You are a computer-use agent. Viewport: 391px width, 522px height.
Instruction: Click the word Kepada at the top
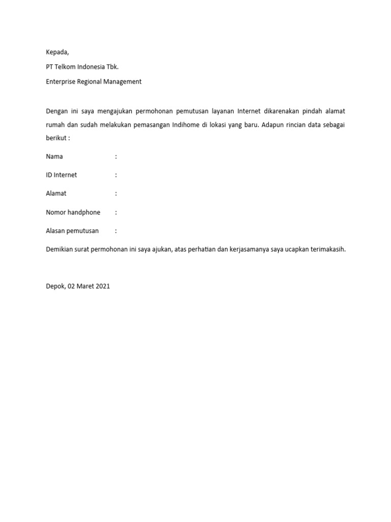57,52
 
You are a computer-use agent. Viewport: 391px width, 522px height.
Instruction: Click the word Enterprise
61,82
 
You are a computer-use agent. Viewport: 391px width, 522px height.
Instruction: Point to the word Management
124,82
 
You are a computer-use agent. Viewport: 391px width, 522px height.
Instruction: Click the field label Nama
54,156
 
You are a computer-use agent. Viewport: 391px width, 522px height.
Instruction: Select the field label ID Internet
61,175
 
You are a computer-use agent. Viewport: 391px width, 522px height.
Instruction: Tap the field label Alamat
56,194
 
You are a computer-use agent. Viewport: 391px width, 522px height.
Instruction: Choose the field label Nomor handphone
73,212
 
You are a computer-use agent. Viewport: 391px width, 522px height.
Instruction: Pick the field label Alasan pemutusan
72,231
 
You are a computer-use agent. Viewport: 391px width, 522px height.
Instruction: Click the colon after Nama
116,156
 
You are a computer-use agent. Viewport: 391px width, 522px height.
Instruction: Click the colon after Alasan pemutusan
116,231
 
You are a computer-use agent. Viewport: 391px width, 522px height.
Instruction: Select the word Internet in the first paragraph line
249,111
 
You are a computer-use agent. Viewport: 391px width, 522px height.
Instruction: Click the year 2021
102,286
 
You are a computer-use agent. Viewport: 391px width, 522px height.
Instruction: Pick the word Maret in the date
85,286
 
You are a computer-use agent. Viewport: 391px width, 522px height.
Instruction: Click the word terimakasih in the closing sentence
328,249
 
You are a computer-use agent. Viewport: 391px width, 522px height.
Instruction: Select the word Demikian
60,249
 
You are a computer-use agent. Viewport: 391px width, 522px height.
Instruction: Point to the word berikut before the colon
56,138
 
